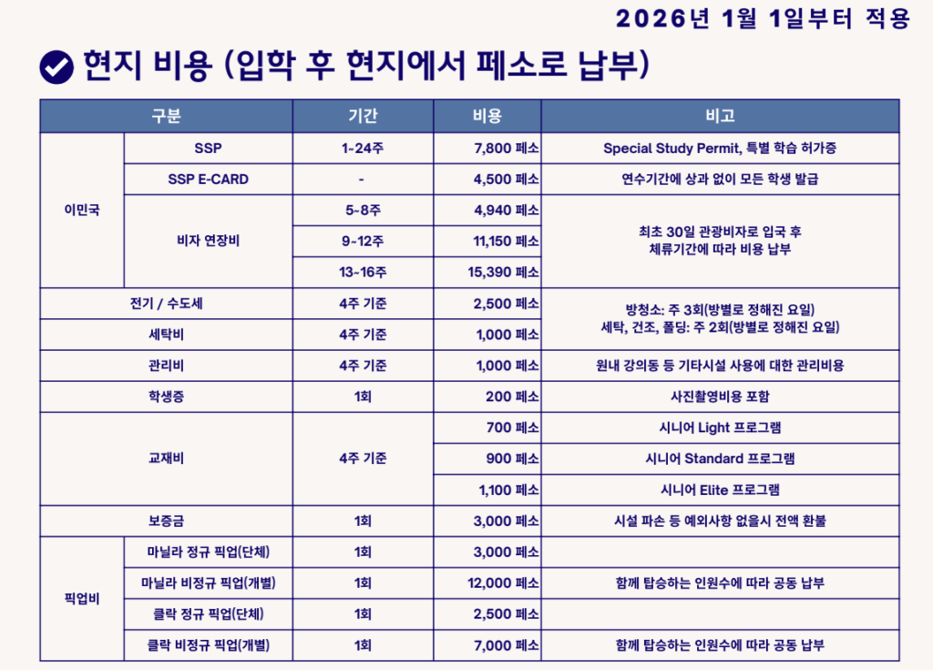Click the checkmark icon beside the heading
pyautogui.click(x=56, y=66)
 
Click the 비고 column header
pyautogui.click(x=720, y=117)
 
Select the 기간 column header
pyautogui.click(x=363, y=117)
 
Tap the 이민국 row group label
pyautogui.click(x=82, y=210)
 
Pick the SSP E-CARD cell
pyautogui.click(x=208, y=180)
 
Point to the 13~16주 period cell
pyautogui.click(x=363, y=273)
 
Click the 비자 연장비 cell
pyautogui.click(x=208, y=242)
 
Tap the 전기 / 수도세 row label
pyautogui.click(x=167, y=304)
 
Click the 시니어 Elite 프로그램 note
pyautogui.click(x=720, y=490)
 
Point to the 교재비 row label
pyautogui.click(x=167, y=459)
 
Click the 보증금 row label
pyautogui.click(x=167, y=521)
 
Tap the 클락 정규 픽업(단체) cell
pyautogui.click(x=208, y=613)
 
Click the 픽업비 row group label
pyautogui.click(x=82, y=598)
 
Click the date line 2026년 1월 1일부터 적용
pyautogui.click(x=763, y=19)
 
